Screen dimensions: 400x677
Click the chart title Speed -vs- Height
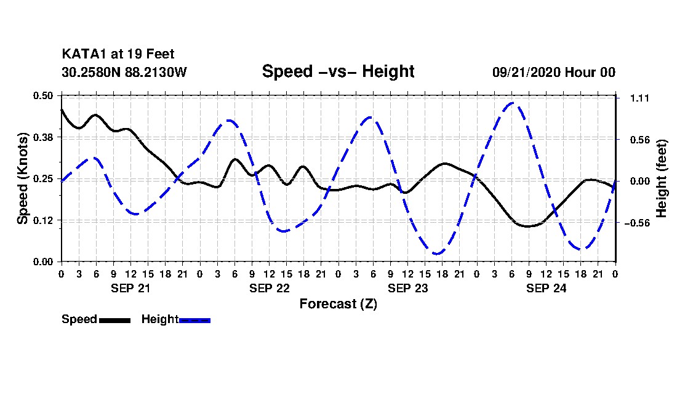tap(338, 71)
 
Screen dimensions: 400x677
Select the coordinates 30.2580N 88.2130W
tap(124, 72)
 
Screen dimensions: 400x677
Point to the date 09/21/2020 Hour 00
tap(553, 72)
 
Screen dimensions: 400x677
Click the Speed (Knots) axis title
tap(23, 178)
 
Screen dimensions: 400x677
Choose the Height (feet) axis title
tap(662, 178)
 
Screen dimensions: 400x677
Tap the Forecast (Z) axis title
tap(338, 304)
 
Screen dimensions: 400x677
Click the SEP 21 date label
tap(130, 287)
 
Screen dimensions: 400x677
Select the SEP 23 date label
tap(407, 287)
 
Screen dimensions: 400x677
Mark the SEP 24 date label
tap(546, 287)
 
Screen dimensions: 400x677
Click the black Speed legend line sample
tap(114, 320)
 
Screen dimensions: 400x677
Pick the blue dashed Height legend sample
tap(195, 320)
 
